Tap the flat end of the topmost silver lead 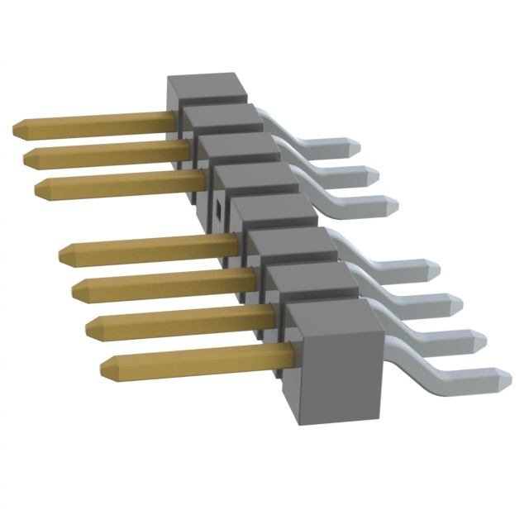(x=355, y=145)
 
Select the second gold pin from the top (x=107, y=152)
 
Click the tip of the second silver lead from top (x=374, y=174)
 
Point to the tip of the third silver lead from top (x=393, y=203)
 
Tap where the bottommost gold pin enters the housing (x=289, y=357)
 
